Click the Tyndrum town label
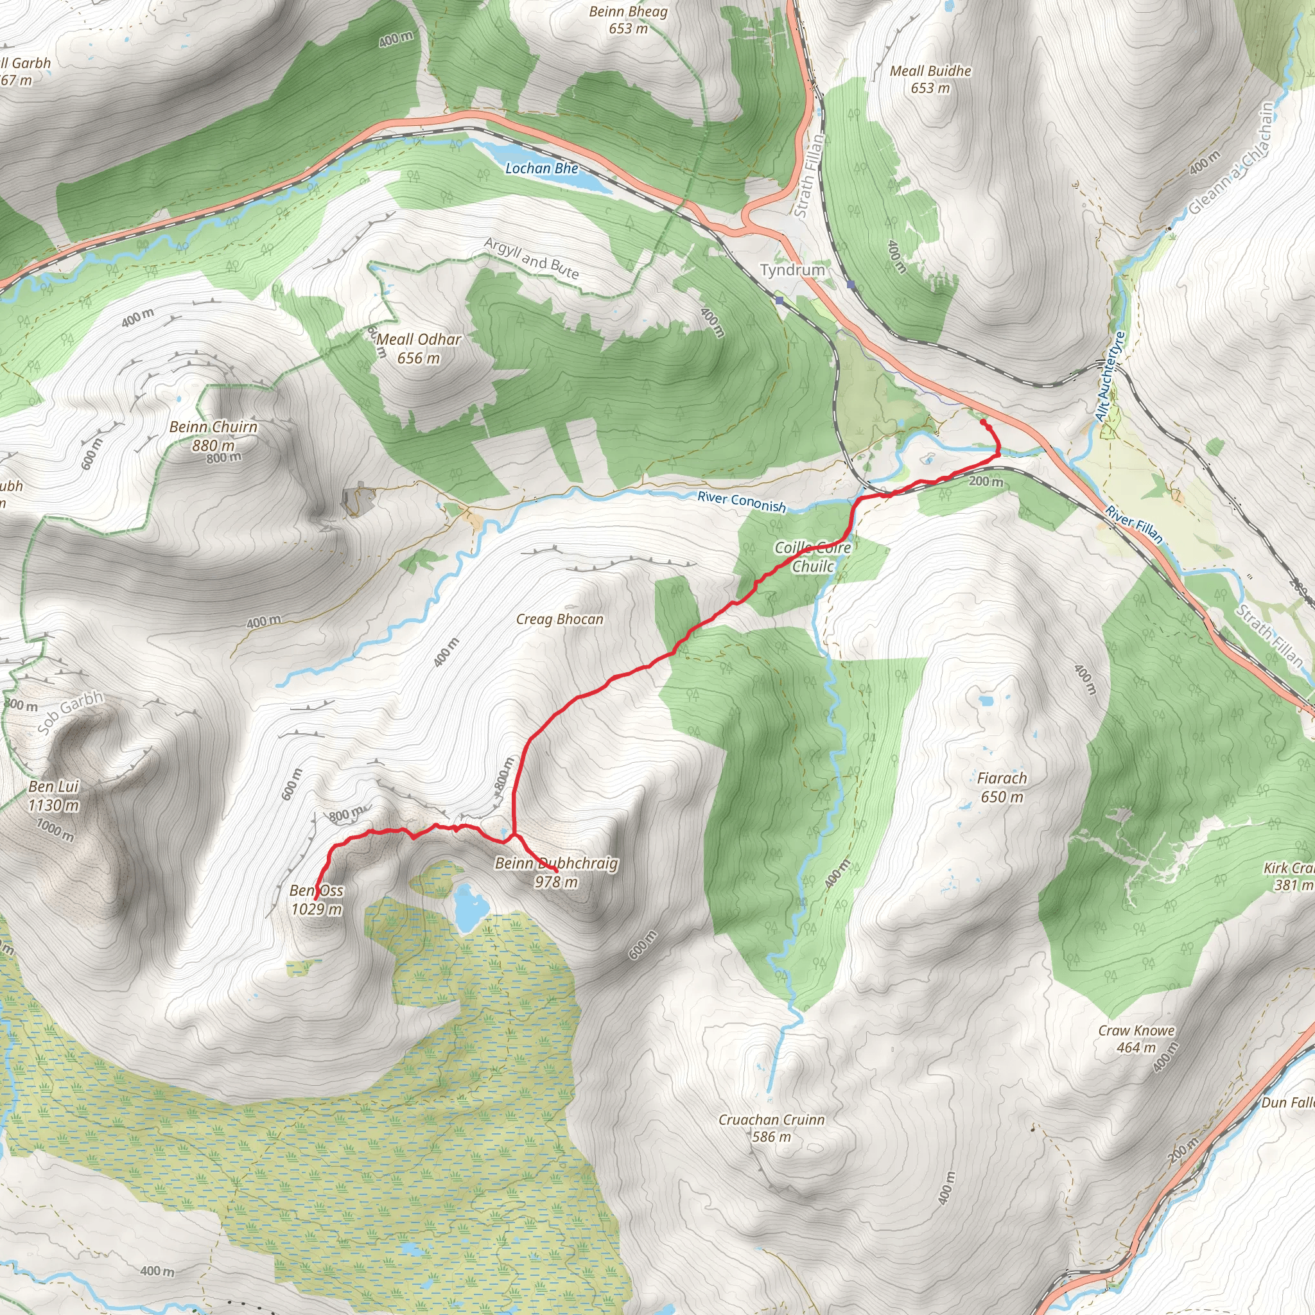[792, 270]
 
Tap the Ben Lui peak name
[54, 787]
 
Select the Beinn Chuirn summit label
[213, 427]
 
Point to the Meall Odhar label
[419, 340]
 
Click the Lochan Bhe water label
[541, 168]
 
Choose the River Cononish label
[741, 501]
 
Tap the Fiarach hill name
[1002, 778]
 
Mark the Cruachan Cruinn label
[771, 1120]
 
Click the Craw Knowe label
[1136, 1031]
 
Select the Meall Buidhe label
[930, 71]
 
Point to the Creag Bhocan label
[559, 620]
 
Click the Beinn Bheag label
[628, 12]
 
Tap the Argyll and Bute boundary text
[532, 259]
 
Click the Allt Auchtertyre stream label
[1110, 376]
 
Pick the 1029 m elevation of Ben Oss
[317, 909]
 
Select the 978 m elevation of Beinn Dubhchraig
[556, 882]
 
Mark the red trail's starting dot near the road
[983, 422]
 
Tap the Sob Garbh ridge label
[70, 712]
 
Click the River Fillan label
[1134, 524]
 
